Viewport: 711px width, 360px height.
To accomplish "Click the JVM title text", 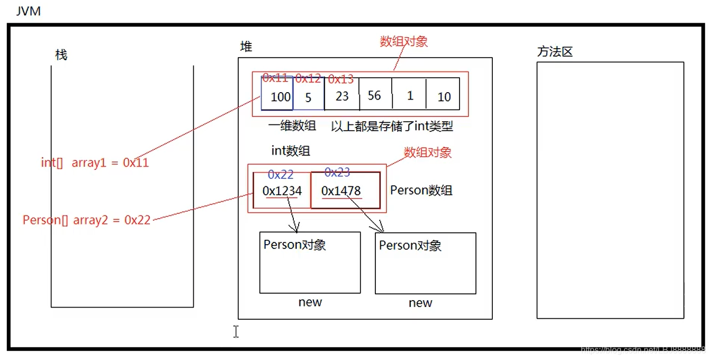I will point(28,11).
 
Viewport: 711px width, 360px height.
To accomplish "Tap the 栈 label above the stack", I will point(61,55).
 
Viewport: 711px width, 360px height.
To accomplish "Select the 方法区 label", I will point(555,52).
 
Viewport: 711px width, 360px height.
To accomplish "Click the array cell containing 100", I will point(277,95).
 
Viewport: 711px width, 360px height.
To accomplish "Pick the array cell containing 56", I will point(374,95).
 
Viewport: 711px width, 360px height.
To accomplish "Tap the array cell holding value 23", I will point(342,96).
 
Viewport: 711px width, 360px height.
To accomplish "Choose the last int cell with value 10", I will point(444,96).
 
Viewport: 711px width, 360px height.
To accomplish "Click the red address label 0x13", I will point(340,79).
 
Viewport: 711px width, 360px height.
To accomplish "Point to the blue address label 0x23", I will point(337,172).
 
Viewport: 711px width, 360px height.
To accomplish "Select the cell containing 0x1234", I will point(282,191).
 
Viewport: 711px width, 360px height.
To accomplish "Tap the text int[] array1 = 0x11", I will point(95,163).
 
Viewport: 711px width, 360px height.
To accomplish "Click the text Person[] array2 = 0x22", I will point(86,220).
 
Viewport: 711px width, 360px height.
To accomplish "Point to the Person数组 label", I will point(421,191).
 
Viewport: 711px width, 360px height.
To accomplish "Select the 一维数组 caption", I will point(292,125).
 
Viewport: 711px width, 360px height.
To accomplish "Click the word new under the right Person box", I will point(420,303).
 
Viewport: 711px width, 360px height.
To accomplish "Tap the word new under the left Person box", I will point(310,302).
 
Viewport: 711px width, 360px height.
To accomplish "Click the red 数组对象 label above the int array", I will point(403,41).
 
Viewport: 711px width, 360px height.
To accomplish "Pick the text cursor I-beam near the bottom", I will point(236,331).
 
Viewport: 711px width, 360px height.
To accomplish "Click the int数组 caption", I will point(291,150).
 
